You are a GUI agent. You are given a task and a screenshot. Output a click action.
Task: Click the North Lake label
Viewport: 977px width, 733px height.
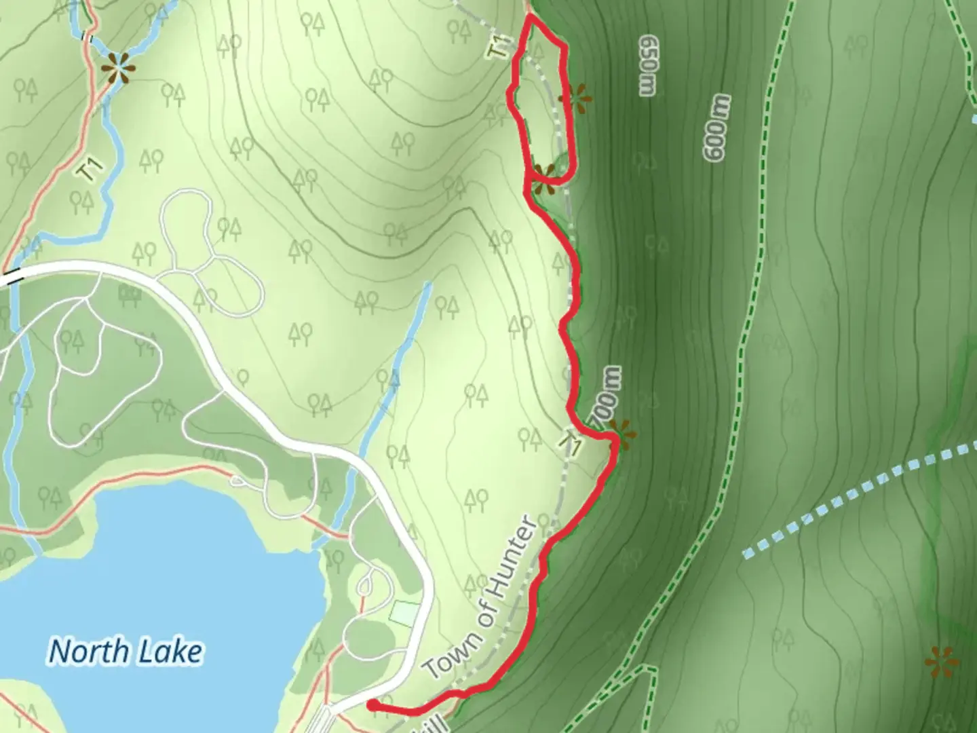click(x=126, y=652)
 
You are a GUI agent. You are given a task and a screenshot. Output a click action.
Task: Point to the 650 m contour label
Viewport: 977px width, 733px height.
click(x=647, y=66)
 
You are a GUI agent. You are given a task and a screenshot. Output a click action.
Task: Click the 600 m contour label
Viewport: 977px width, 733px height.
click(x=719, y=128)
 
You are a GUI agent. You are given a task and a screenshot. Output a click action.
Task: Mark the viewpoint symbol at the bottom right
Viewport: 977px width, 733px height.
click(x=941, y=660)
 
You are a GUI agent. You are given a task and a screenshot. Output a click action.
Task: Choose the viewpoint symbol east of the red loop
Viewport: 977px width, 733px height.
click(x=576, y=99)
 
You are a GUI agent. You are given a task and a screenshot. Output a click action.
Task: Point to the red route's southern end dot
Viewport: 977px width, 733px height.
click(x=372, y=706)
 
